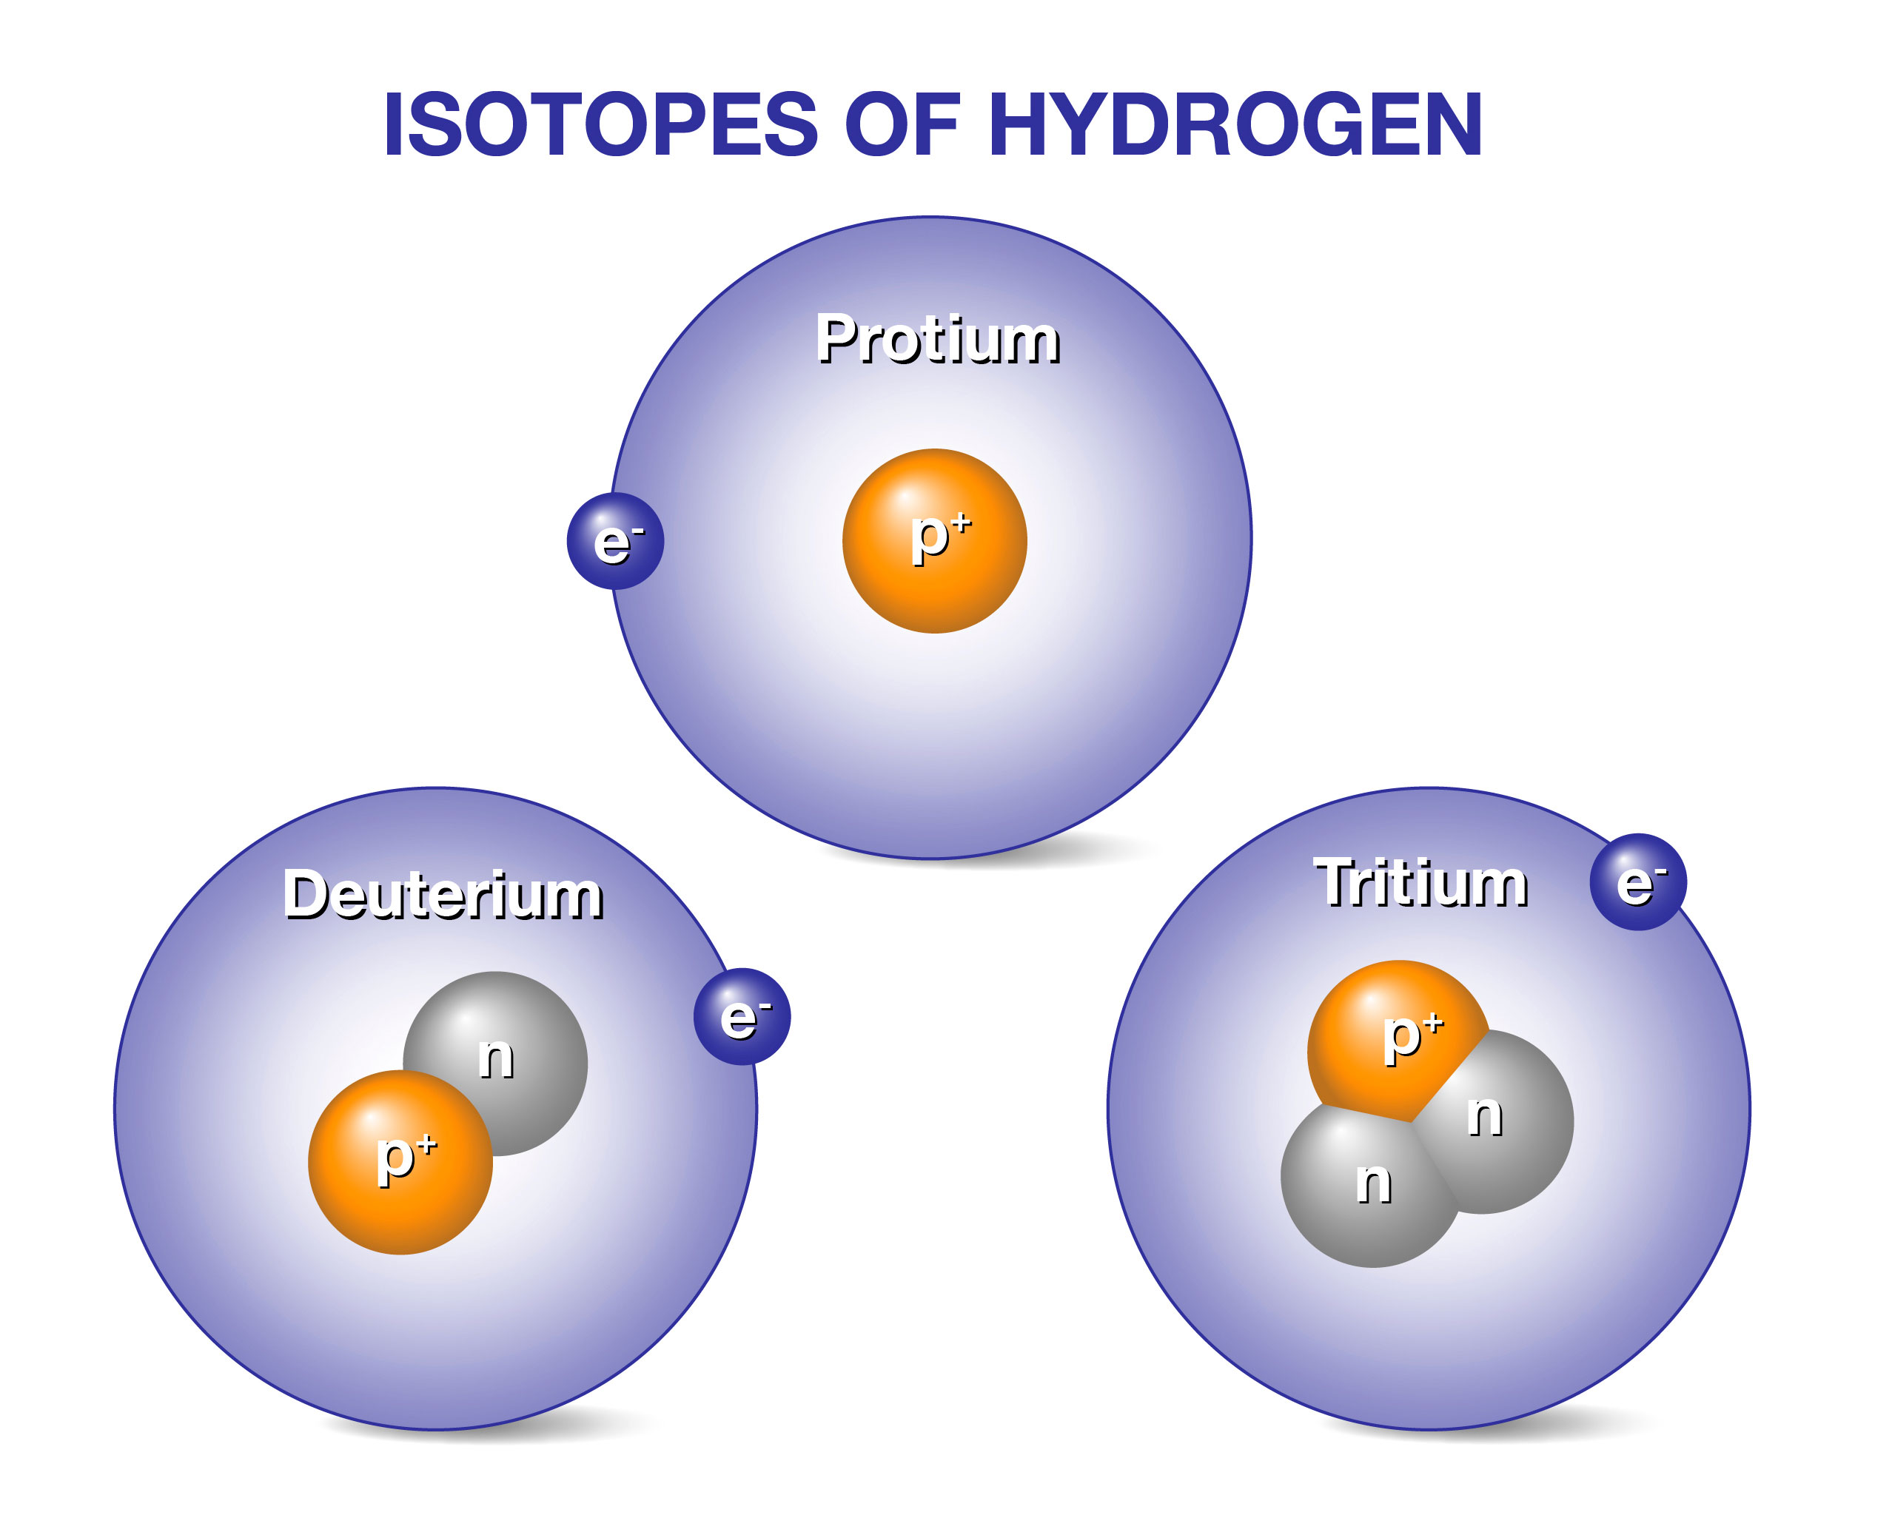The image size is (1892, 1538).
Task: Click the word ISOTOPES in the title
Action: point(600,124)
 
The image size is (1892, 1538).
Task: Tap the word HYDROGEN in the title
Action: point(1233,124)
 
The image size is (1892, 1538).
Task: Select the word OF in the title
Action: point(903,124)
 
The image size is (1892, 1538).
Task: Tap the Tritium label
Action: point(1420,882)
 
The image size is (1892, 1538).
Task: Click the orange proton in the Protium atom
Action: point(934,540)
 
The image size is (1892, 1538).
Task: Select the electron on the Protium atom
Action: point(615,540)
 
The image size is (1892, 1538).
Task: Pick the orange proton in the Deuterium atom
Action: point(400,1161)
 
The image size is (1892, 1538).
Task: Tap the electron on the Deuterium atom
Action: point(742,1015)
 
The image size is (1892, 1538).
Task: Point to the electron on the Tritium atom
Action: point(1637,882)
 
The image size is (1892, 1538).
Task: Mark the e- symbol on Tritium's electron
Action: point(1641,883)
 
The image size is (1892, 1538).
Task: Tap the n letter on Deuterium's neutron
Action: point(495,1058)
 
